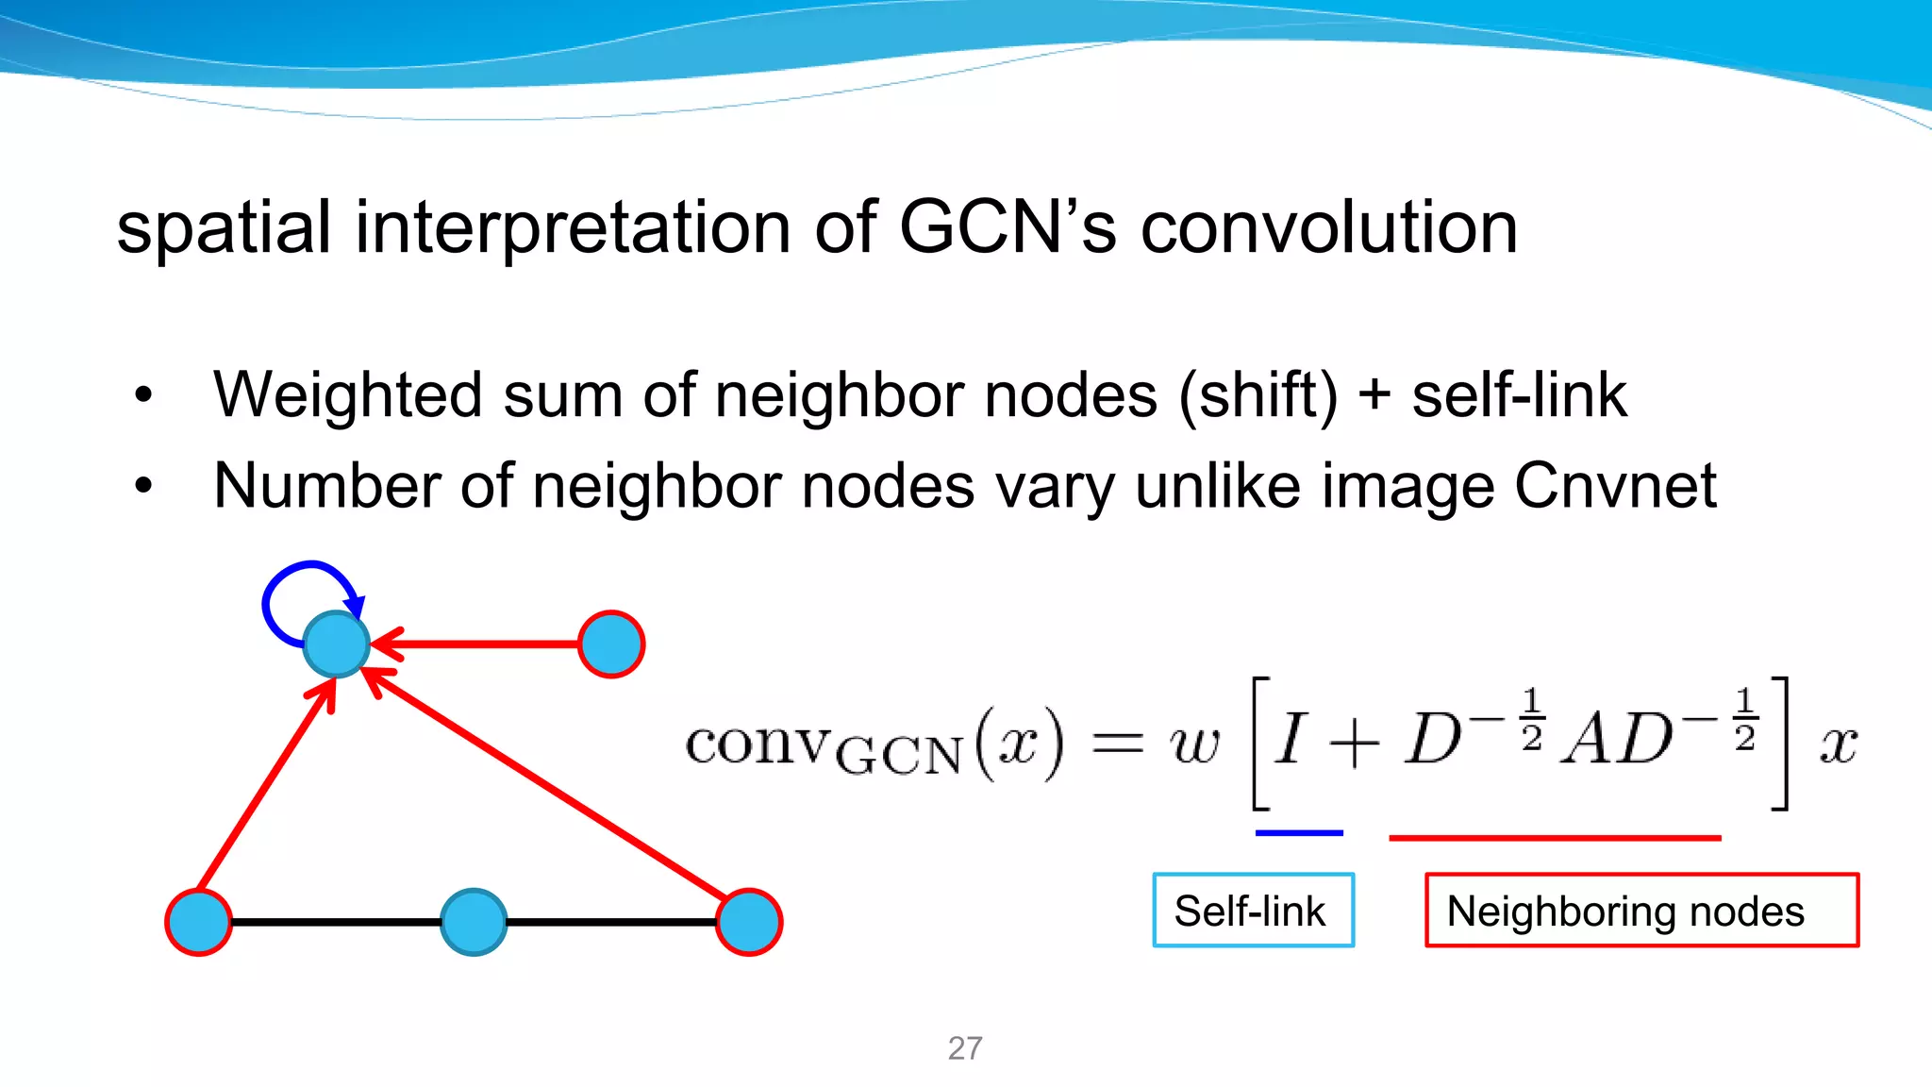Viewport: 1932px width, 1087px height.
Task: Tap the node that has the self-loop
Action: tap(336, 644)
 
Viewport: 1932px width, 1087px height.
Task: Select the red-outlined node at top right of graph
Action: tap(611, 644)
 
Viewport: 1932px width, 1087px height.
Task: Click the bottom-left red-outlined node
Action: tap(199, 922)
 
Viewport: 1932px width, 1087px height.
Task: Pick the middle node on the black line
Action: tap(474, 922)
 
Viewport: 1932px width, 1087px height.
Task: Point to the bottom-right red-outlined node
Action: tap(748, 922)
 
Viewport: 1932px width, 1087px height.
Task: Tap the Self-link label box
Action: tap(1253, 911)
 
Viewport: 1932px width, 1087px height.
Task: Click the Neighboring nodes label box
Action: tap(1641, 911)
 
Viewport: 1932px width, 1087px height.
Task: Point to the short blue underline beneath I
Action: tap(1299, 833)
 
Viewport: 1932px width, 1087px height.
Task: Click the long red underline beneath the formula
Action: tap(1555, 837)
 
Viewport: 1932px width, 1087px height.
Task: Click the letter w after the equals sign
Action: tap(1194, 744)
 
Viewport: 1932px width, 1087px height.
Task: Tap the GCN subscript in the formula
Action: tap(899, 756)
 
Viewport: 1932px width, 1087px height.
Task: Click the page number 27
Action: tap(965, 1048)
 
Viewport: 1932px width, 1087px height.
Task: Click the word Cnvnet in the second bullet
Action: tap(1615, 487)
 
